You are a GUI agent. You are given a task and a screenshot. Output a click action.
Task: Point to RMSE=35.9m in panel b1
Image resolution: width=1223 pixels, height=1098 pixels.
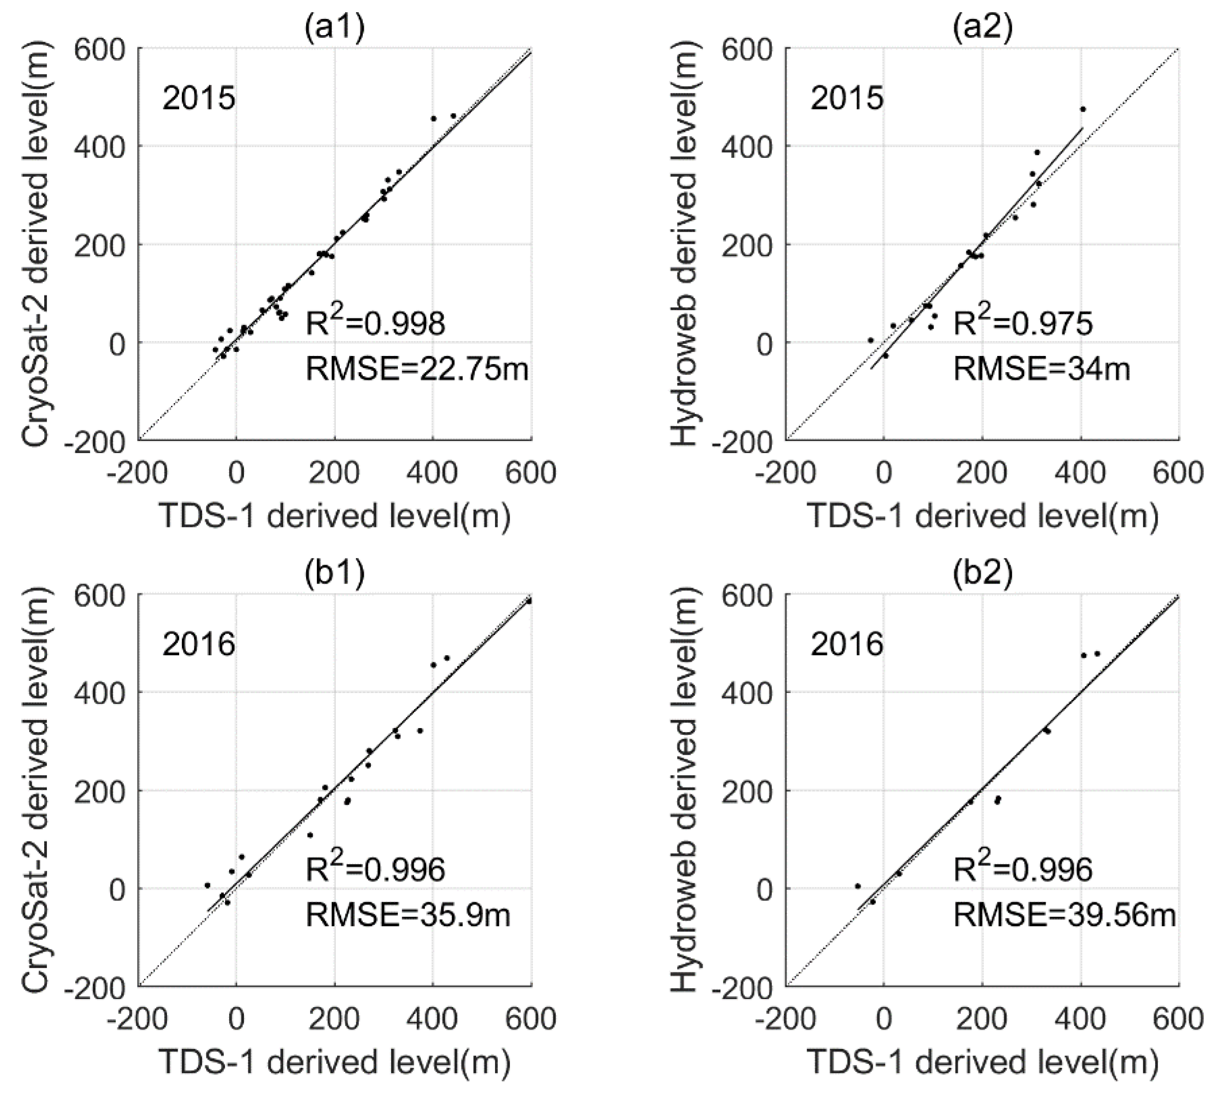tap(408, 914)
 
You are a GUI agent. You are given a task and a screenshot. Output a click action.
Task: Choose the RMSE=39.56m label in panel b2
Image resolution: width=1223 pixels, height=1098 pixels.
tap(1064, 914)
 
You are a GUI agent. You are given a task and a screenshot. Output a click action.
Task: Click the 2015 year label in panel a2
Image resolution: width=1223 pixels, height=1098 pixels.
tap(847, 98)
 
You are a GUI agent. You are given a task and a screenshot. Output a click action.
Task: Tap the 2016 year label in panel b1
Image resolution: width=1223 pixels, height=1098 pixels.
tap(199, 645)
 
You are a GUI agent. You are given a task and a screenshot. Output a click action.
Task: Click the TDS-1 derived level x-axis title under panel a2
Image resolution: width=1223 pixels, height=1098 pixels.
tap(982, 517)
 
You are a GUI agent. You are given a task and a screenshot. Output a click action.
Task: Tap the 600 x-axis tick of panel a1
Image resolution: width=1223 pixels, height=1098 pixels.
tap(531, 473)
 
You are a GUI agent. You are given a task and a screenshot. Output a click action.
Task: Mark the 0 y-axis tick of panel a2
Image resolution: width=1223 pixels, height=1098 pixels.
tap(762, 342)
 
